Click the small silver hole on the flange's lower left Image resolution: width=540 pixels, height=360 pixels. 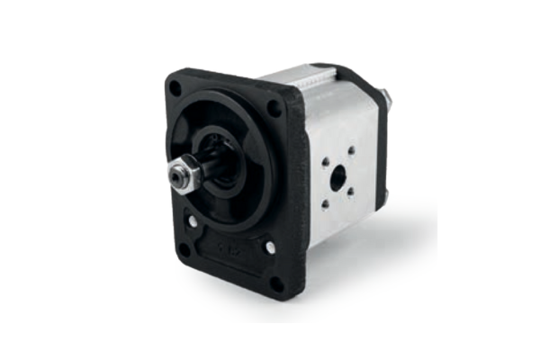192,220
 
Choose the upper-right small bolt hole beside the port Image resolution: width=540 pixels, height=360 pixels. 351,150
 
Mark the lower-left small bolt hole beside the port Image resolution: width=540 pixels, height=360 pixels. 327,203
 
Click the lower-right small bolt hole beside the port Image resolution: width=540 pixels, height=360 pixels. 351,192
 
